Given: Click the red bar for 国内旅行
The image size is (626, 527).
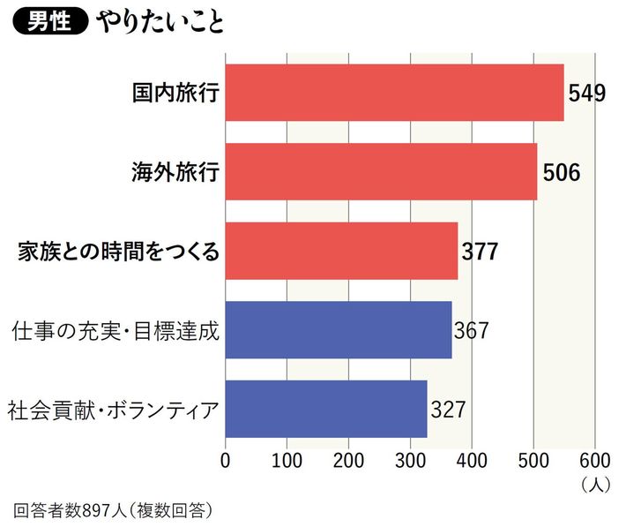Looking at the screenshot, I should [x=394, y=93].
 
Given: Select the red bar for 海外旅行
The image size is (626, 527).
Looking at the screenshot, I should [x=381, y=171].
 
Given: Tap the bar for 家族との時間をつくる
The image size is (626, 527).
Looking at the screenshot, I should [x=341, y=251].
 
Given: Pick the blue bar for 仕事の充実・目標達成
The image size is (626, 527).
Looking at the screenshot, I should [x=339, y=329].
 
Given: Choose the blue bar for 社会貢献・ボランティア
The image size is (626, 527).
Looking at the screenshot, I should [x=326, y=409].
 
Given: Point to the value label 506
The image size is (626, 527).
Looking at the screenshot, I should [x=561, y=172].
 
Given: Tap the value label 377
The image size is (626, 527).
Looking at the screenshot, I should [x=480, y=252].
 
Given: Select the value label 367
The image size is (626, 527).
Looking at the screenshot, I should [x=471, y=330].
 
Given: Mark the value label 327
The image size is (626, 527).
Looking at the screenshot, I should [x=448, y=410].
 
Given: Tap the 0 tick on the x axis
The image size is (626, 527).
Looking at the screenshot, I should [x=226, y=459].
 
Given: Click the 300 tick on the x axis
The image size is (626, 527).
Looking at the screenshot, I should [x=411, y=459].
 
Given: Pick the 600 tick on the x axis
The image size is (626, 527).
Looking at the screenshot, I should [x=595, y=459].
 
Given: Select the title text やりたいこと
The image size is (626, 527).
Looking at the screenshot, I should [x=162, y=22].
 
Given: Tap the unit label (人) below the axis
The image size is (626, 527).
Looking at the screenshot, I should [x=594, y=484].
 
